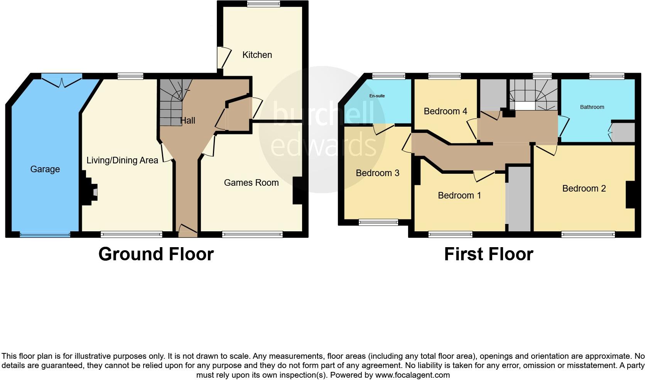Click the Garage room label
[x=45, y=169]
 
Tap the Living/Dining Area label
[x=122, y=160]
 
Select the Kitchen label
[x=257, y=55]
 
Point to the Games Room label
[x=251, y=183]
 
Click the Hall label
[x=188, y=120]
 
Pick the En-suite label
[x=377, y=96]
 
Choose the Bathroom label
[x=592, y=107]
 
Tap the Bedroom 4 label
[x=445, y=111]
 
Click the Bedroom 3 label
[x=377, y=173]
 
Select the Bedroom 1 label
[x=459, y=195]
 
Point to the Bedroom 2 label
[x=584, y=188]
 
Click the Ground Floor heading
[x=156, y=254]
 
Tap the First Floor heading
[x=488, y=254]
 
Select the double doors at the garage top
[x=62, y=81]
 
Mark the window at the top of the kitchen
[x=264, y=4]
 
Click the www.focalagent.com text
[x=412, y=375]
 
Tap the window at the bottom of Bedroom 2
[x=588, y=234]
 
